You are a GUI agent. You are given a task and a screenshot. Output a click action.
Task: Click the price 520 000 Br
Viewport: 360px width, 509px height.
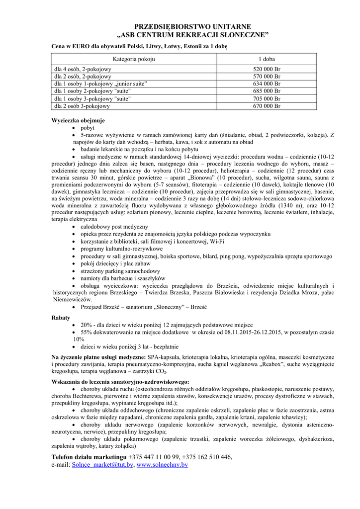click(267, 69)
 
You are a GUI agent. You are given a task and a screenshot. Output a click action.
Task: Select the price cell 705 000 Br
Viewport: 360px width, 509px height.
click(267, 98)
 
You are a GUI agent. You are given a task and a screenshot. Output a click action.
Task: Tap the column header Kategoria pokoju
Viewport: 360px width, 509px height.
click(134, 59)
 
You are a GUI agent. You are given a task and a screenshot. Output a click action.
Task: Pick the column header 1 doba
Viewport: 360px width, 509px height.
click(267, 59)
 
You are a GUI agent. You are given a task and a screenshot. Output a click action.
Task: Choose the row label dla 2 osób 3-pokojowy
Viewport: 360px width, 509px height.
click(82, 106)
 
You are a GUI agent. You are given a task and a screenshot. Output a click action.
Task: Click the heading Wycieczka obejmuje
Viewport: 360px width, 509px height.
click(78, 120)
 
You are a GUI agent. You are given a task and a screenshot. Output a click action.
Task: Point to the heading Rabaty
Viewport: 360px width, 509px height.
click(61, 317)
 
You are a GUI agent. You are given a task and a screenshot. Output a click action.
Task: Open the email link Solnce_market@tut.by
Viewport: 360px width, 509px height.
click(102, 465)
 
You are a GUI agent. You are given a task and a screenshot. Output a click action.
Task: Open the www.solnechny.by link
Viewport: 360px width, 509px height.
click(162, 465)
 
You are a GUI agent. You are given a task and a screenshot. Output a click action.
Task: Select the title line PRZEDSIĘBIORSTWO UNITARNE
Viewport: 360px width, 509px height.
click(193, 26)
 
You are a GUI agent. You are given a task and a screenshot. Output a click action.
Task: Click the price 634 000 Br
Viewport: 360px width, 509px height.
click(267, 84)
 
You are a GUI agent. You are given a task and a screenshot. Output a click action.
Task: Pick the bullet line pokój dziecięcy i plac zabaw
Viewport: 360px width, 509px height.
click(115, 263)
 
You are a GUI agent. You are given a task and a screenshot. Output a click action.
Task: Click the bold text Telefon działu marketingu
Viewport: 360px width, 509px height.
click(89, 457)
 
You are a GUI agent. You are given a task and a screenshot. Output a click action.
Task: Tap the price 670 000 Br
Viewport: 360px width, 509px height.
click(267, 106)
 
